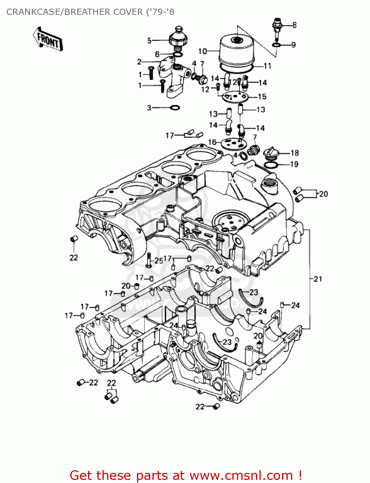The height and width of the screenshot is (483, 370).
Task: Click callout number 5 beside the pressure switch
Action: click(149, 41)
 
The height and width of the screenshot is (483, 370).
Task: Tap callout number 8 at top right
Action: click(294, 25)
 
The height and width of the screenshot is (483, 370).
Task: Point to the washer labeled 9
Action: click(276, 44)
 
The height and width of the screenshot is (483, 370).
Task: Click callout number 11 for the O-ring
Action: click(268, 66)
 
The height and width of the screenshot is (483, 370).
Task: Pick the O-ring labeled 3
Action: click(174, 108)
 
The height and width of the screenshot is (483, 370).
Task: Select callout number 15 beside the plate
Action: click(262, 97)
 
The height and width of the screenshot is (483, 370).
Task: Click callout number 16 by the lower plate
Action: click(212, 142)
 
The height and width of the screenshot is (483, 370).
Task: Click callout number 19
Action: click(294, 165)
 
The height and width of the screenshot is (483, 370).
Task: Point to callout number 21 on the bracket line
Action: click(318, 279)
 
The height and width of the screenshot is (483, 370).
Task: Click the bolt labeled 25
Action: click(148, 260)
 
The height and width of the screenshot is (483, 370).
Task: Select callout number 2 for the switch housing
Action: click(139, 62)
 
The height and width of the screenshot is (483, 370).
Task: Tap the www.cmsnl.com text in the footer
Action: click(241, 476)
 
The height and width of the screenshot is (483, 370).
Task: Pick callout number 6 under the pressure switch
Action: click(157, 54)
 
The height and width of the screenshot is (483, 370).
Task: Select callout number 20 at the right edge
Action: click(323, 194)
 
